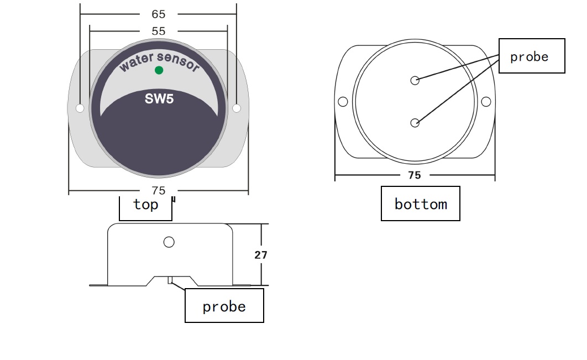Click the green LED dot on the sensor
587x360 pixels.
(159, 70)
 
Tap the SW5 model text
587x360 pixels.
(159, 99)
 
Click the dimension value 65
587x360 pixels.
(158, 14)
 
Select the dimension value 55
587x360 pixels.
(158, 31)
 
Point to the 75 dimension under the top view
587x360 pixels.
(158, 191)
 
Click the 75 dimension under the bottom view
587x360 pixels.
(415, 175)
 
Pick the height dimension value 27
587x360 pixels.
(261, 255)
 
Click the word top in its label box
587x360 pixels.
(146, 205)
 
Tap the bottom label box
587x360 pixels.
(421, 204)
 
